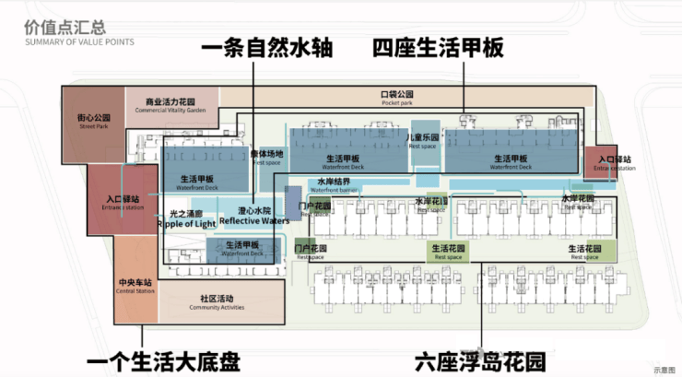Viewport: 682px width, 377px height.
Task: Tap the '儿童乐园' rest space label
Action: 422,140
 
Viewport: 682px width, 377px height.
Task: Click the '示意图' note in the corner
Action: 664,369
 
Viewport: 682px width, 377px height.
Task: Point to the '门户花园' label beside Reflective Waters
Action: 314,206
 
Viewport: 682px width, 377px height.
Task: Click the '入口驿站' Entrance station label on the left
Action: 122,202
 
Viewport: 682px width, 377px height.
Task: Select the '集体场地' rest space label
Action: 266,157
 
